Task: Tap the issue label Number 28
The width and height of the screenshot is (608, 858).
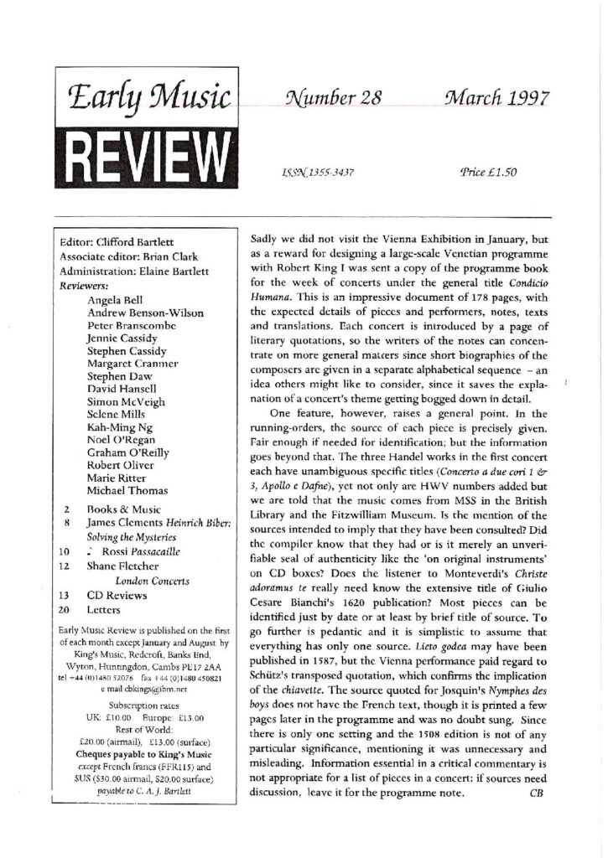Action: [334, 97]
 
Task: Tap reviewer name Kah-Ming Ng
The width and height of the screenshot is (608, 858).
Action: [122, 416]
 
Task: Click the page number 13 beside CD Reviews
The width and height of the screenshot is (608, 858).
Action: [64, 594]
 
